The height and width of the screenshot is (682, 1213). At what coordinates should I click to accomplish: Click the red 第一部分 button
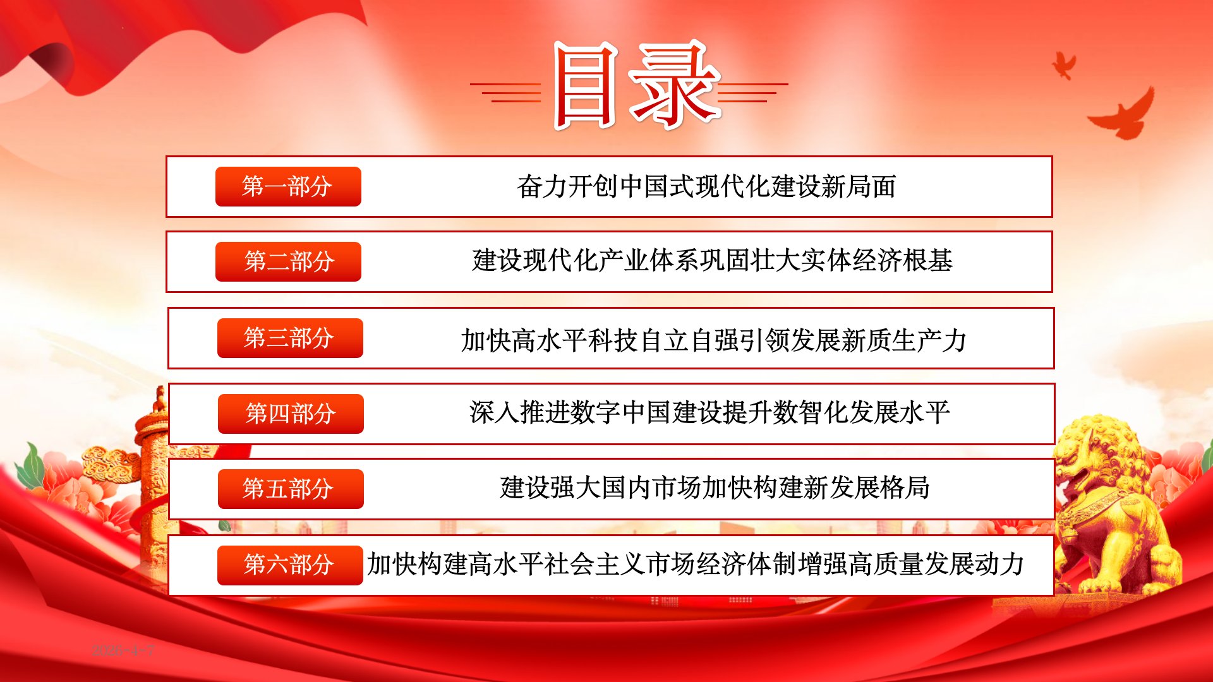[x=288, y=186]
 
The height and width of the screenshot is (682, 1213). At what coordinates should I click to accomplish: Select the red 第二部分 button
[x=288, y=261]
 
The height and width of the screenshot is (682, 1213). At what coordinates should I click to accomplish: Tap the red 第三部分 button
[x=290, y=338]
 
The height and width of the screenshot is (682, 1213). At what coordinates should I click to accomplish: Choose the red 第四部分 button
[x=291, y=414]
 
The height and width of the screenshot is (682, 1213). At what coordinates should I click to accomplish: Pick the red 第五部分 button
[x=291, y=489]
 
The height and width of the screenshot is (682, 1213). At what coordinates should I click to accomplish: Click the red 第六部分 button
[x=290, y=565]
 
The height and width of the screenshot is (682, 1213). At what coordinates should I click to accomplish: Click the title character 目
[x=585, y=85]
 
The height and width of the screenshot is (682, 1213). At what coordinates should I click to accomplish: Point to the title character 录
[x=675, y=84]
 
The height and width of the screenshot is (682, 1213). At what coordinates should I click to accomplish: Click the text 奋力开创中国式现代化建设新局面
[x=706, y=186]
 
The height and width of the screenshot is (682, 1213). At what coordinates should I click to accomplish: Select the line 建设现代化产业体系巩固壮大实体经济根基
[x=712, y=261]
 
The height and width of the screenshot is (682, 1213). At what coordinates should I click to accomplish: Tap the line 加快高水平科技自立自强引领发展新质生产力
[x=714, y=340]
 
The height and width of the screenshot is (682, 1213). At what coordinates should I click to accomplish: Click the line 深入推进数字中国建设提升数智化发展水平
[x=709, y=412]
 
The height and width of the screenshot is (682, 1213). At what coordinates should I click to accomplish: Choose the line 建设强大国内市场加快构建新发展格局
[x=715, y=488]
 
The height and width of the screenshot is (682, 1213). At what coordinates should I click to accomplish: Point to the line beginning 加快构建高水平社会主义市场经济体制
[x=696, y=564]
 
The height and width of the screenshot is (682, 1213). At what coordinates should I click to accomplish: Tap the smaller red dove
[x=1065, y=65]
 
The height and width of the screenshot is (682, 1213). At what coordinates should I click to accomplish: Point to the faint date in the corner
[x=123, y=650]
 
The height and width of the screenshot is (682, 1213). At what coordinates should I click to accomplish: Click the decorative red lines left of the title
[x=505, y=92]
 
